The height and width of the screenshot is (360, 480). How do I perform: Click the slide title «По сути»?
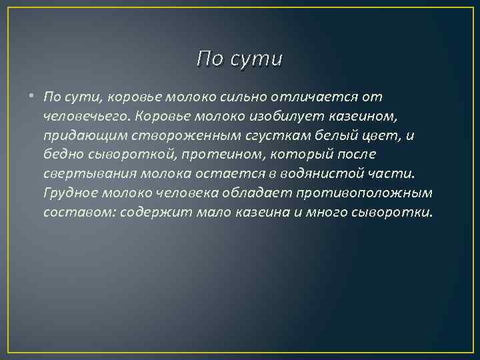click(x=240, y=59)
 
